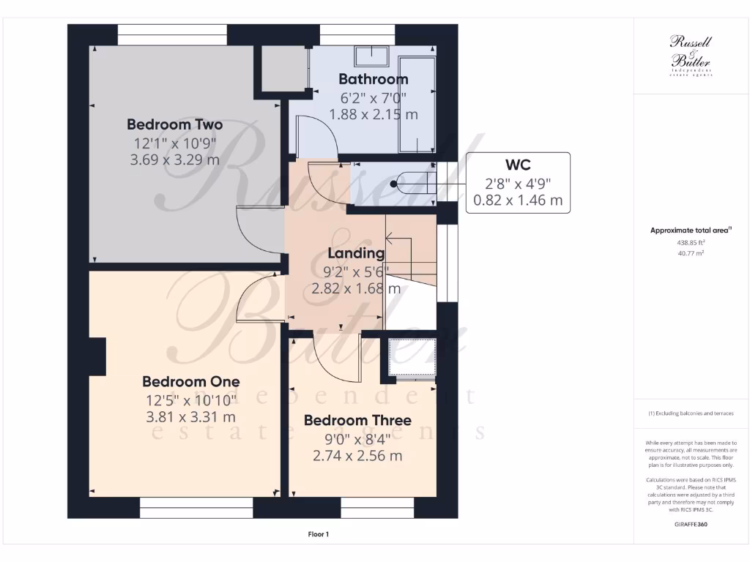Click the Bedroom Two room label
click(174, 124)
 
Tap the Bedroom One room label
click(190, 381)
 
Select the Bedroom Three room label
click(357, 420)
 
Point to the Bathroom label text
click(373, 79)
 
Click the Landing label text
click(356, 253)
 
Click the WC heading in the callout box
click(517, 164)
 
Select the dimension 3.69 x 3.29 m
click(174, 159)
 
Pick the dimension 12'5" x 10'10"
click(190, 400)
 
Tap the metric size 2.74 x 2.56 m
click(357, 455)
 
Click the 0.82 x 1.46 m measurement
click(517, 200)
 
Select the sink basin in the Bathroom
click(373, 56)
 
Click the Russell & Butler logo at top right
click(691, 56)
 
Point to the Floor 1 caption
click(318, 534)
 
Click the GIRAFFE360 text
click(691, 525)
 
